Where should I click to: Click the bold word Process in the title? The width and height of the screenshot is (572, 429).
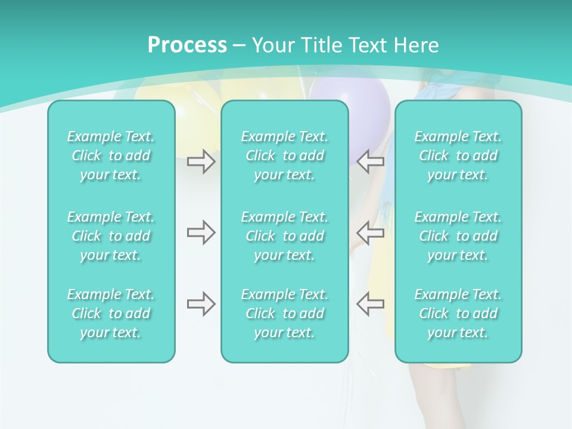(187, 45)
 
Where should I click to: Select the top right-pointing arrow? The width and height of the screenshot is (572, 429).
(201, 161)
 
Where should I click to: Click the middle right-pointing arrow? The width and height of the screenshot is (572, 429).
(201, 232)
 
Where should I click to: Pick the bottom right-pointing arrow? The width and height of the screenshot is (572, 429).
(201, 304)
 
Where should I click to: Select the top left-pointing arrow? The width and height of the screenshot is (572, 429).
(371, 161)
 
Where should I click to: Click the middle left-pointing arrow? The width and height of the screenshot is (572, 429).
(371, 232)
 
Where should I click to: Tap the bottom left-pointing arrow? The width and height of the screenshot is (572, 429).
(371, 304)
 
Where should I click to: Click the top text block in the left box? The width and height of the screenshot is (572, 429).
(111, 156)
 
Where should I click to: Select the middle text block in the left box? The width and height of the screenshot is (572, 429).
(111, 236)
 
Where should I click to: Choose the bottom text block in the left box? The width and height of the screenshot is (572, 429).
(111, 313)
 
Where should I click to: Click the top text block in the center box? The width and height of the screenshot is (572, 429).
(285, 156)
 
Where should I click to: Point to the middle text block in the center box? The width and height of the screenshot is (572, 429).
(285, 236)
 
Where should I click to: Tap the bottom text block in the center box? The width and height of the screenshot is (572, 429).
(285, 313)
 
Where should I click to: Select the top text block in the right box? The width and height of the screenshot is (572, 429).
(458, 156)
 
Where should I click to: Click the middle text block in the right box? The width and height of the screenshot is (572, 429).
(458, 236)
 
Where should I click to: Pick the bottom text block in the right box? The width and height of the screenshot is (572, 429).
(458, 313)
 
